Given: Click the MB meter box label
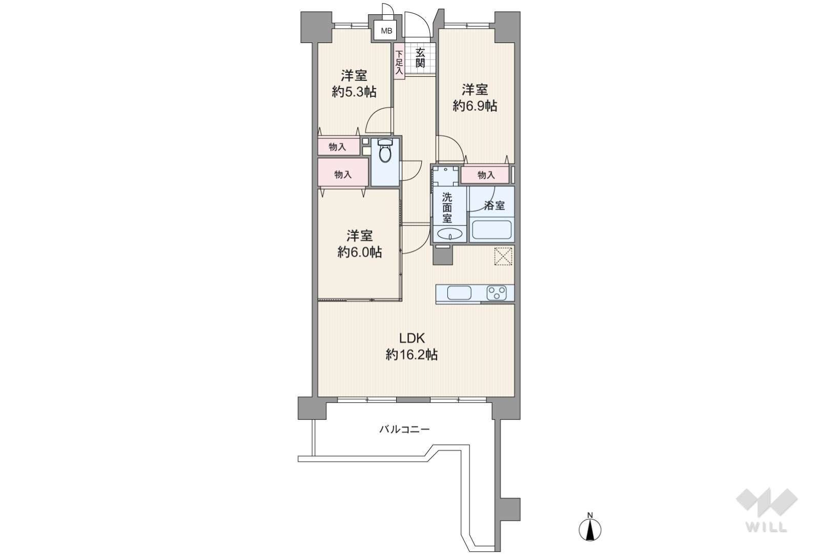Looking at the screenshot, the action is (x=386, y=31).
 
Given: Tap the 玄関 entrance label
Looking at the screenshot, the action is (x=420, y=58).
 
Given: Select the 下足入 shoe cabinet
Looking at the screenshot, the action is (x=399, y=61).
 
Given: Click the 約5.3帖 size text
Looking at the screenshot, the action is (x=354, y=92).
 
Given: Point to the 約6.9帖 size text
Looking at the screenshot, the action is (x=475, y=106).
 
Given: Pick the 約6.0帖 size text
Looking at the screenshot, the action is (x=359, y=252).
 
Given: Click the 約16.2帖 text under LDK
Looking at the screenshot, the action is (x=412, y=354).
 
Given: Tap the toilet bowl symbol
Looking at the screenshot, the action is (x=384, y=151).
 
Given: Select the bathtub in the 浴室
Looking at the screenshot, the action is (x=491, y=230).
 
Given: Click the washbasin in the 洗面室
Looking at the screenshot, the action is (x=449, y=234).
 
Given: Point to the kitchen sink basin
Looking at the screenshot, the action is (x=459, y=293).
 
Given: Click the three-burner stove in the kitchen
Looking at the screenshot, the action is (x=497, y=293).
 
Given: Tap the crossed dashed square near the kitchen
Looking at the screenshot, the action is (x=503, y=256).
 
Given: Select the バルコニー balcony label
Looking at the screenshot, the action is (x=404, y=429).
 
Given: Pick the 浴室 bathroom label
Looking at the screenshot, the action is (x=494, y=205).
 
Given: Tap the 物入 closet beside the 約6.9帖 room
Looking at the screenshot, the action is (x=486, y=175).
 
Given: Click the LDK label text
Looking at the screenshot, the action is (x=412, y=339).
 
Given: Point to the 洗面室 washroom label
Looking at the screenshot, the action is (x=446, y=208).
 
